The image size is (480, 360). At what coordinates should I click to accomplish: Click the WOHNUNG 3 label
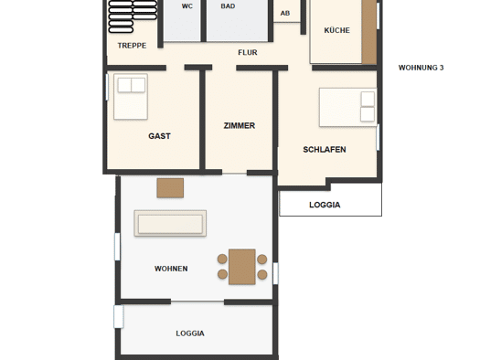point(421,68)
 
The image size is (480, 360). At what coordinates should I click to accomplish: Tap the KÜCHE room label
point(336,30)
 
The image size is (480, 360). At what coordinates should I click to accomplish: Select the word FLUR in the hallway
point(248,53)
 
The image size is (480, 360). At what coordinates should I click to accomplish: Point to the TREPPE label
point(132,46)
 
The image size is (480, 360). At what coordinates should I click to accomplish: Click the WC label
point(187,6)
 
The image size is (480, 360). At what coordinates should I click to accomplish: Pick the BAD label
point(228,6)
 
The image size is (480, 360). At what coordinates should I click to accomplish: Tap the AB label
point(285,13)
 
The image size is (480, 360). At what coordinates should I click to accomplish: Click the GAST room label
point(159,136)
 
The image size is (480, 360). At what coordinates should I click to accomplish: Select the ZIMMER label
point(240,126)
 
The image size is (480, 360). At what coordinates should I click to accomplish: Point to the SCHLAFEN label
point(325,150)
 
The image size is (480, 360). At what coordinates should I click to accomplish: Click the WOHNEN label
point(171,269)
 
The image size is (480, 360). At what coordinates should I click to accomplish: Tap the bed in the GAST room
point(131,96)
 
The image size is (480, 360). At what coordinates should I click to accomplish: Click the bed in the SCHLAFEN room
point(347,107)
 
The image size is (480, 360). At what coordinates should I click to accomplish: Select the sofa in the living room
point(170,223)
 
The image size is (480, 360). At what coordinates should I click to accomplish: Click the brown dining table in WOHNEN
point(242,267)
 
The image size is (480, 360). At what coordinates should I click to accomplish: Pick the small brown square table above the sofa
point(170,188)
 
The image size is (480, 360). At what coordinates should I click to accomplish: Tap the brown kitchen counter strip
point(369,32)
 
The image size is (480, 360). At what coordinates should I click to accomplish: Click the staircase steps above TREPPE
point(133,16)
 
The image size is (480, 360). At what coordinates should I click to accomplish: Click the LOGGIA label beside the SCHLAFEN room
point(325,205)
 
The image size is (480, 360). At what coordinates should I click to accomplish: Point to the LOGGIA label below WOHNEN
point(190,334)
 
